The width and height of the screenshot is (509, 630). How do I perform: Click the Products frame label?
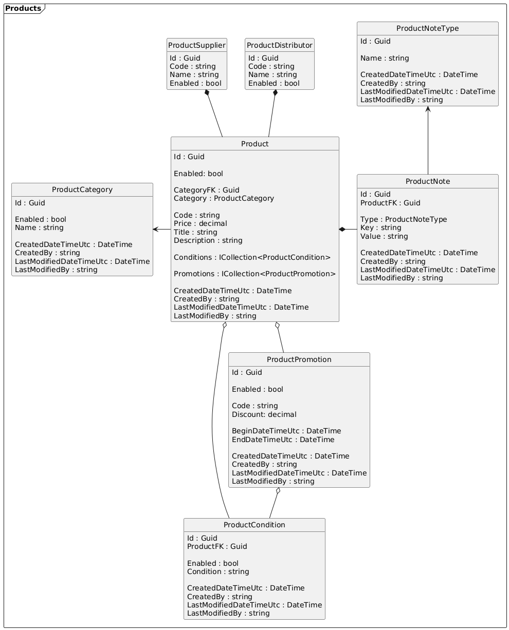coord(23,8)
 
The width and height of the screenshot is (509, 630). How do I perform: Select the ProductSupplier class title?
coord(197,45)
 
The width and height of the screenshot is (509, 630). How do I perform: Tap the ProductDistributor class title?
coord(279,45)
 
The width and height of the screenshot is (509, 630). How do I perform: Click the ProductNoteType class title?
coord(427,28)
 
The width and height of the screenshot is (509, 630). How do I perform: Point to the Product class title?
coord(255,144)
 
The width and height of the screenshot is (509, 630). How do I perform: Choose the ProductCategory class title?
coord(82,189)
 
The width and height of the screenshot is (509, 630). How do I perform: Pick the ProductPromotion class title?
coord(299,359)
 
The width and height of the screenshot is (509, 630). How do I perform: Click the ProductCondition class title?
coord(254,525)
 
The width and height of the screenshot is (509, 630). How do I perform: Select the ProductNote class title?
coord(427,182)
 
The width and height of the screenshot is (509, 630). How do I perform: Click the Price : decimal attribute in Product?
coord(200,224)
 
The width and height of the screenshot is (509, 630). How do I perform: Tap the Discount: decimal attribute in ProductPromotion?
coord(264,414)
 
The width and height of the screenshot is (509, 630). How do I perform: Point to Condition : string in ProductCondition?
coord(218,571)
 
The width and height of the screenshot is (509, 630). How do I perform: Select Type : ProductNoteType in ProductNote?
coord(404,219)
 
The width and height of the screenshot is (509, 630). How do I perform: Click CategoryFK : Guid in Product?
coord(206,190)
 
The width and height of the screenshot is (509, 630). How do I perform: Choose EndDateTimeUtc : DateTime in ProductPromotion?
coord(283,440)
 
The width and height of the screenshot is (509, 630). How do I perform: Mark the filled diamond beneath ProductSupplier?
coord(207,92)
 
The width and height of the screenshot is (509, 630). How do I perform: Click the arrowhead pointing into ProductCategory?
coord(156,229)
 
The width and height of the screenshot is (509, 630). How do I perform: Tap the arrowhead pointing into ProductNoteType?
coord(428,109)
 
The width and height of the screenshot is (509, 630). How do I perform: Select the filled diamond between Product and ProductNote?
coord(342,229)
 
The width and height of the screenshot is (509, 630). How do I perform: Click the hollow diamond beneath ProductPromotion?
coord(278,491)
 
